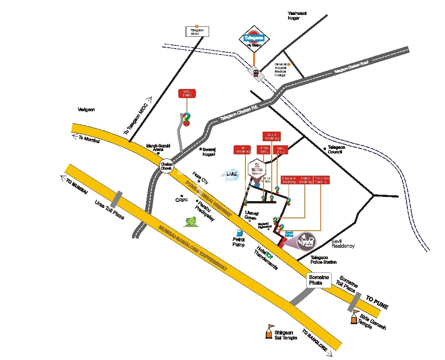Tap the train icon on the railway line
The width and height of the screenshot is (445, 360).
point(256,73)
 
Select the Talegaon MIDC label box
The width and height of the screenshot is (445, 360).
point(197,31)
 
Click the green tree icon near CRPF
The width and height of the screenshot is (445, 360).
point(191,221)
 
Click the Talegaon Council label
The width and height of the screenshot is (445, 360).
point(337,149)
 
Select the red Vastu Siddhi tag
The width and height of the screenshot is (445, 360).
point(186,94)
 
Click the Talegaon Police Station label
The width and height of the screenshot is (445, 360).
point(323,260)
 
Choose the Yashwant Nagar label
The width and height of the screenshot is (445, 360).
point(297,16)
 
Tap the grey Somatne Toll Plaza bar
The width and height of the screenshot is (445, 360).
point(355,301)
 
